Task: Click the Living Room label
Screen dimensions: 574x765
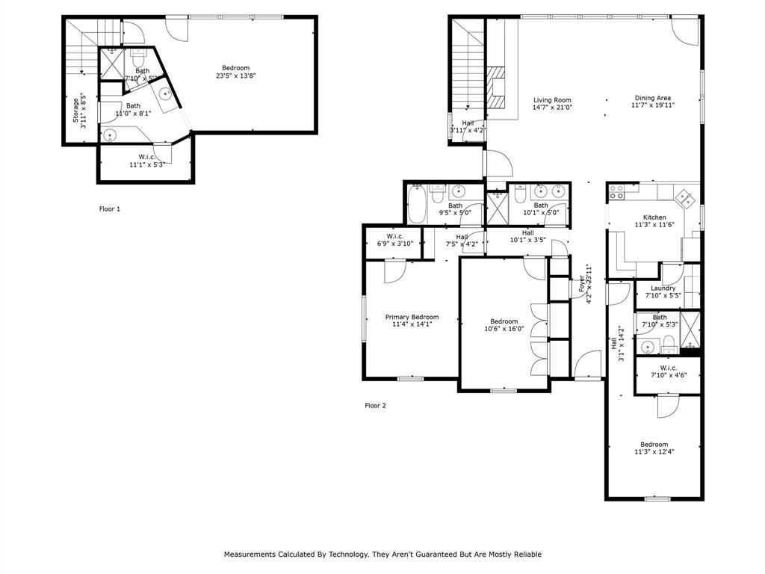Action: (x=552, y=99)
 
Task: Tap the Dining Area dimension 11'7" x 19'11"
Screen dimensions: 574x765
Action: (x=652, y=107)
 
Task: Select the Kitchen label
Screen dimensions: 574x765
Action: (x=654, y=217)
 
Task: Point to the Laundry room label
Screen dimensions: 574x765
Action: (x=663, y=288)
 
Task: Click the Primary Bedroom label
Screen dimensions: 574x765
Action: (x=412, y=317)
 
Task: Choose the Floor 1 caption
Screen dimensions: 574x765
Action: (x=110, y=209)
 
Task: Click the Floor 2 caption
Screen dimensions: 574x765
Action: (x=375, y=406)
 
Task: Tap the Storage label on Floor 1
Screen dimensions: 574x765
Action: (x=75, y=110)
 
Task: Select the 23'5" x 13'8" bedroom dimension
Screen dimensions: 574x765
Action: (x=235, y=75)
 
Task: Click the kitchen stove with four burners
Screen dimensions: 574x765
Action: (x=616, y=193)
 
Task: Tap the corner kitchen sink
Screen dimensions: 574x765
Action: (x=684, y=198)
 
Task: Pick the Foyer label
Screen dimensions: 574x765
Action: (x=582, y=284)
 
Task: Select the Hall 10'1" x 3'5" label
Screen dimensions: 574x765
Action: (x=527, y=232)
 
